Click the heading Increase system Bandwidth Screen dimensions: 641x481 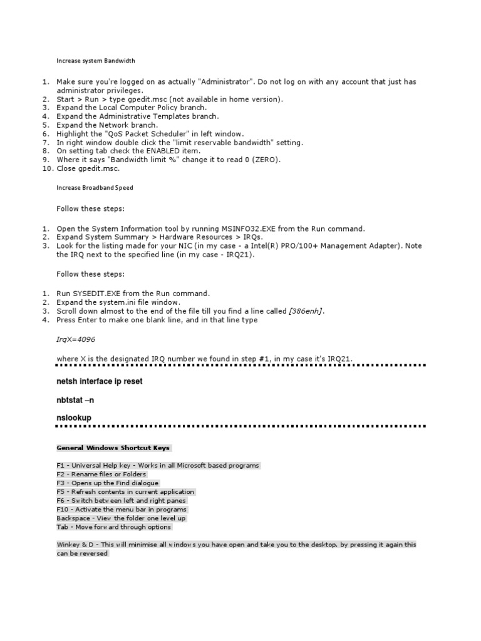[96, 61]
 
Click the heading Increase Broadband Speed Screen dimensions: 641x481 [95, 188]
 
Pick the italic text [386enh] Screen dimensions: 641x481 [306, 311]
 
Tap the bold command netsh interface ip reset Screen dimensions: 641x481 [100, 382]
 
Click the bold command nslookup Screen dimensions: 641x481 [74, 417]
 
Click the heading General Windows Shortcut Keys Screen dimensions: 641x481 [113, 448]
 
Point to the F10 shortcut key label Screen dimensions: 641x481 [62, 510]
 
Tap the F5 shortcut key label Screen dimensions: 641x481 [61, 492]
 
